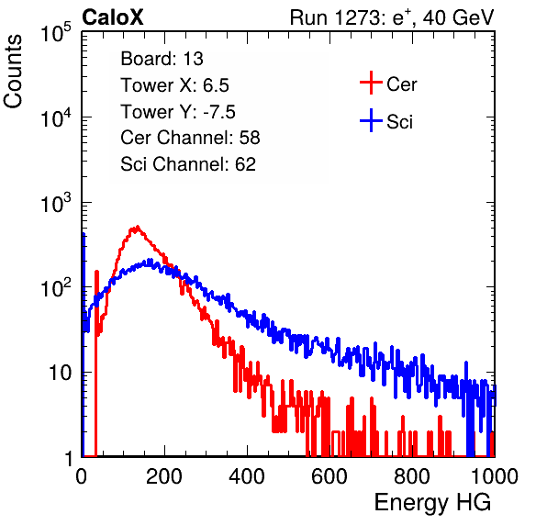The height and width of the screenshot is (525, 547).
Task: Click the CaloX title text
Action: tap(113, 17)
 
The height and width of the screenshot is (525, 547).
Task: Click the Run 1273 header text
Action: tap(392, 17)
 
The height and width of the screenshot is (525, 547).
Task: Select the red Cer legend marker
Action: tap(371, 83)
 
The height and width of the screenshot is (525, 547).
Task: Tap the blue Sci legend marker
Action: tap(371, 120)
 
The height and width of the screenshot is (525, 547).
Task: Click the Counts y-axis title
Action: tap(13, 72)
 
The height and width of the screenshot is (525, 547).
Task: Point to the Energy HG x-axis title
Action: tap(432, 503)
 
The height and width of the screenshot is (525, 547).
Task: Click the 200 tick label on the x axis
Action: tap(164, 476)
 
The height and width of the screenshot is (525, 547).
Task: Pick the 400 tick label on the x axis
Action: tap(247, 476)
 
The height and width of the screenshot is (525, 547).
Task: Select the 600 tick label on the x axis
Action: tap(329, 476)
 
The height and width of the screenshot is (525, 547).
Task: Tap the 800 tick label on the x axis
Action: tap(412, 476)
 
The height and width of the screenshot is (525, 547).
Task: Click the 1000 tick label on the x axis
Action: tap(495, 476)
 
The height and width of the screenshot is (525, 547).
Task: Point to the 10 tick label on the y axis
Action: tap(60, 373)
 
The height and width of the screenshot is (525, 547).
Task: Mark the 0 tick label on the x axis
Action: tap(82, 476)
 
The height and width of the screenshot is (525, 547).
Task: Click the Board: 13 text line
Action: tap(162, 59)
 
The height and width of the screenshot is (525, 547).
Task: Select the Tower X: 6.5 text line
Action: tap(174, 85)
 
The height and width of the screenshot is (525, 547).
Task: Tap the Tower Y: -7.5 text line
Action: tap(178, 112)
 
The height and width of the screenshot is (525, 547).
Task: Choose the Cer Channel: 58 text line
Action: tap(190, 138)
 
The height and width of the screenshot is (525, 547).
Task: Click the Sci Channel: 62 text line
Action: tap(188, 164)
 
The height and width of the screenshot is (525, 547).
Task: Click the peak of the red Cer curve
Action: tap(138, 227)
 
